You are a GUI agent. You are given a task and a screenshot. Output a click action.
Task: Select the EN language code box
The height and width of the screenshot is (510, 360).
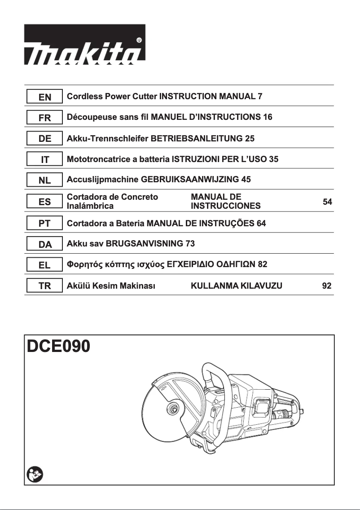44,97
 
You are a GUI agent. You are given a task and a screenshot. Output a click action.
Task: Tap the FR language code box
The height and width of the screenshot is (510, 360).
44,118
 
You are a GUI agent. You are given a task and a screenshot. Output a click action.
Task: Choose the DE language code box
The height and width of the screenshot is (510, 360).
44,139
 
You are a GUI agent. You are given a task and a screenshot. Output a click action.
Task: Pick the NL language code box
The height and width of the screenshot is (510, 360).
44,180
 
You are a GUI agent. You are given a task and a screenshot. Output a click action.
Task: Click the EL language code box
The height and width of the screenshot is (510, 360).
44,265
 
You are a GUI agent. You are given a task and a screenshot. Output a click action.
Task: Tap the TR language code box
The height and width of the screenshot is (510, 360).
44,286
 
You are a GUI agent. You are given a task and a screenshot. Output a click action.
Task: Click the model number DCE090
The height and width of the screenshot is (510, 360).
58,347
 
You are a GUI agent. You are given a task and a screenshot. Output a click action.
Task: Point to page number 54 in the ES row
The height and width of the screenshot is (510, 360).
327,202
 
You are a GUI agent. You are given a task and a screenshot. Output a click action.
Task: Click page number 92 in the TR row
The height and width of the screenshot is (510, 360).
327,286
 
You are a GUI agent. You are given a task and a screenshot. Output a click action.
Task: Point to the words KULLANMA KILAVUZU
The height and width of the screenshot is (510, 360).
236,286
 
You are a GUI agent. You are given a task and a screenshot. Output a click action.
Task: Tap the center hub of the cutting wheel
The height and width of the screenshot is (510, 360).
172,409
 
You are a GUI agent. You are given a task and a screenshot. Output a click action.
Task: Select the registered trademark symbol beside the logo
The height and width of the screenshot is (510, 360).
139,40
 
